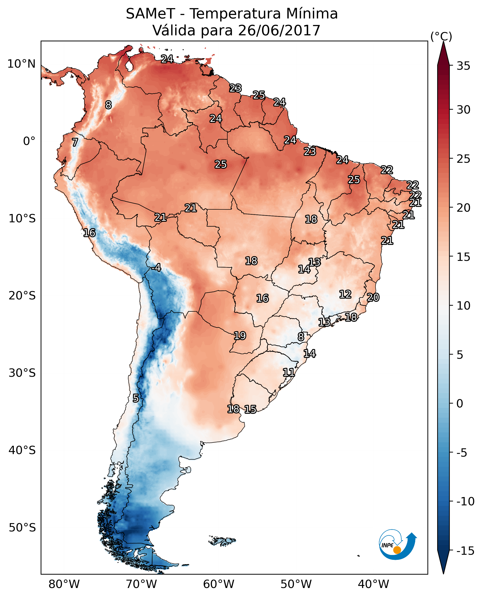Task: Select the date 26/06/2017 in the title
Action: pos(279,30)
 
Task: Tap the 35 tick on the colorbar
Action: pos(463,66)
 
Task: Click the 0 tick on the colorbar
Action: pos(460,403)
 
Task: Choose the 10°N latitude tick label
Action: pos(21,64)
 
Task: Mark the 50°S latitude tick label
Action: pos(22,527)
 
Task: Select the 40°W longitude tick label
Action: pos(373,584)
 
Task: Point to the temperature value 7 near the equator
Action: pos(75,142)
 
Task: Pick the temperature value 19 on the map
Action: pos(240,336)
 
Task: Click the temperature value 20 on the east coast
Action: pos(373,297)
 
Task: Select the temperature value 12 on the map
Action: pos(345,294)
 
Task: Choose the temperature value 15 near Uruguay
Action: pos(250,409)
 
